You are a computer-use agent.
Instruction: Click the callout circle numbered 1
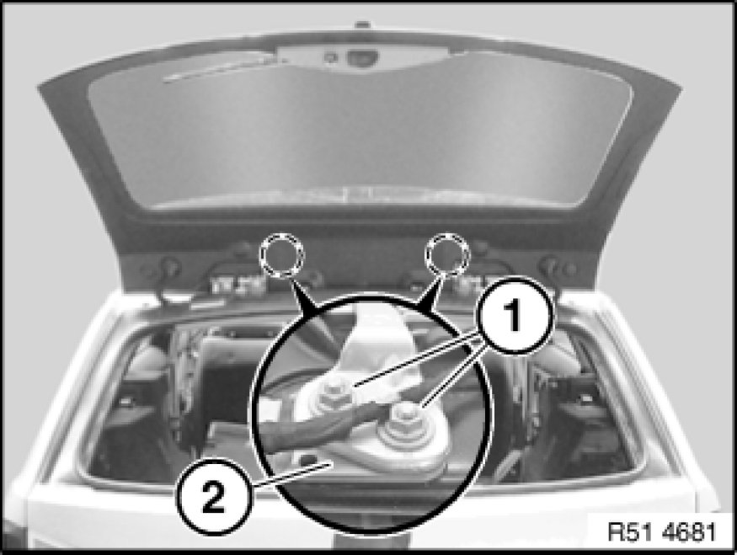point(515,316)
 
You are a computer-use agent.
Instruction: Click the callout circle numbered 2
point(214,496)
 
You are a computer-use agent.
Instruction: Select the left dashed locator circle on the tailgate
point(281,254)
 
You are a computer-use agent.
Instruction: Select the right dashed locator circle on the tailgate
point(447,254)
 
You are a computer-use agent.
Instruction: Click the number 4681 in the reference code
point(689,531)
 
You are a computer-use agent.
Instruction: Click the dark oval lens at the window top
point(362,57)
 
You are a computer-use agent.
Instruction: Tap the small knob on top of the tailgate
point(362,24)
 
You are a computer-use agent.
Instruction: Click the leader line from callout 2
point(292,472)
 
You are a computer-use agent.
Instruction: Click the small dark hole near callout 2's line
point(306,456)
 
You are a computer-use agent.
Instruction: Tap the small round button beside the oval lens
point(330,57)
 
